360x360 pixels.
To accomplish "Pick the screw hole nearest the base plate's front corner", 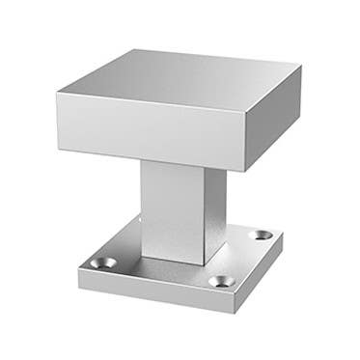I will click(x=221, y=282).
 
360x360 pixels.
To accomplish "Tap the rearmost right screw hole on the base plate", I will click(x=263, y=235).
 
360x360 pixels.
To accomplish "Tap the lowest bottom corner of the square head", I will click(x=242, y=172).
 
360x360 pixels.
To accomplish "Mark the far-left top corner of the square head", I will click(x=57, y=93).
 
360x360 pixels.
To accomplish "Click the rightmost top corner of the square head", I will click(x=300, y=67).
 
